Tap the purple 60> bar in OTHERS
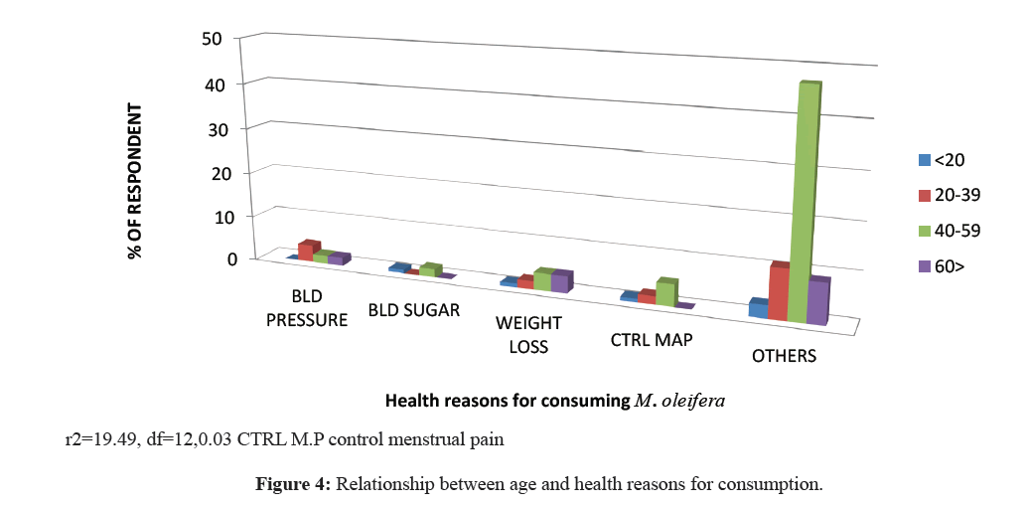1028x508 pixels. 816,302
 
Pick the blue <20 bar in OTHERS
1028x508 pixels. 758,309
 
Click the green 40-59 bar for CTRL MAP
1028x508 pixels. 665,294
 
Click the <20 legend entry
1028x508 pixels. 940,159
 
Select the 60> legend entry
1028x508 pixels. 941,265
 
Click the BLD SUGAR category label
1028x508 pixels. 414,310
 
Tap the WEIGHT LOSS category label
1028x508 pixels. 528,335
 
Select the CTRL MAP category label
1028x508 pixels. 651,340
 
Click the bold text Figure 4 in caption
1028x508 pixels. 294,485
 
